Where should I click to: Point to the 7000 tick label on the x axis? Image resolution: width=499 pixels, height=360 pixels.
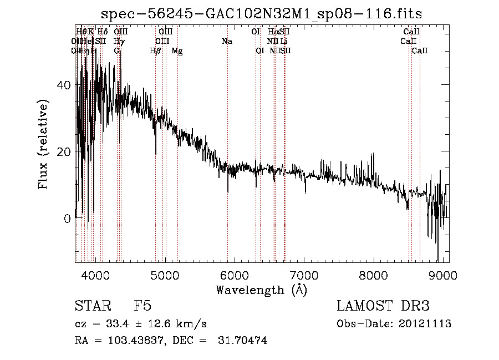click(x=304, y=274)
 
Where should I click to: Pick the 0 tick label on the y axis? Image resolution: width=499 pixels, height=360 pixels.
click(x=67, y=218)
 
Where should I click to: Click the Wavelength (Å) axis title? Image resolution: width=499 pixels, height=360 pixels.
click(x=261, y=290)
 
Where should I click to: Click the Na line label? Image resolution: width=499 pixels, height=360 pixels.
click(x=227, y=42)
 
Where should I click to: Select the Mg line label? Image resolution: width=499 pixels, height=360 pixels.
click(x=177, y=51)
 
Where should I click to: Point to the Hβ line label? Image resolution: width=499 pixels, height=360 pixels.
click(x=156, y=51)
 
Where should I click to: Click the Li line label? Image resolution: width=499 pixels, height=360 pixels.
click(x=283, y=42)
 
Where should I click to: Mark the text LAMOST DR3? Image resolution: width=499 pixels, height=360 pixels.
click(x=383, y=307)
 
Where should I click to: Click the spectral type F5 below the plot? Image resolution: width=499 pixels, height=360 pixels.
click(x=142, y=307)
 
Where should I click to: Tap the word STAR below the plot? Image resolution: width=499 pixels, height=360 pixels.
click(x=91, y=307)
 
